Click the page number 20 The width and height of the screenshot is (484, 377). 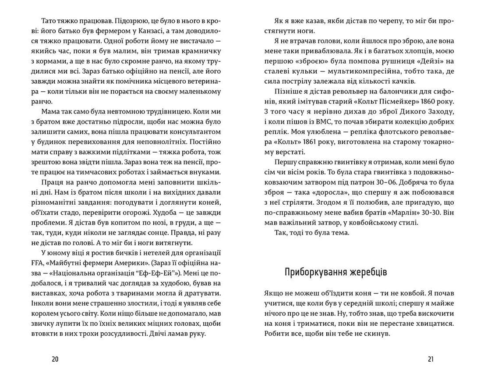(55, 359)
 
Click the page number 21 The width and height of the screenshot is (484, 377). (431, 359)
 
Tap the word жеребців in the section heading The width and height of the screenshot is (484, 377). (366, 272)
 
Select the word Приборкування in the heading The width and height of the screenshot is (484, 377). (313, 272)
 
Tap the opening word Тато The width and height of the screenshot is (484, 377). (49, 21)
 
